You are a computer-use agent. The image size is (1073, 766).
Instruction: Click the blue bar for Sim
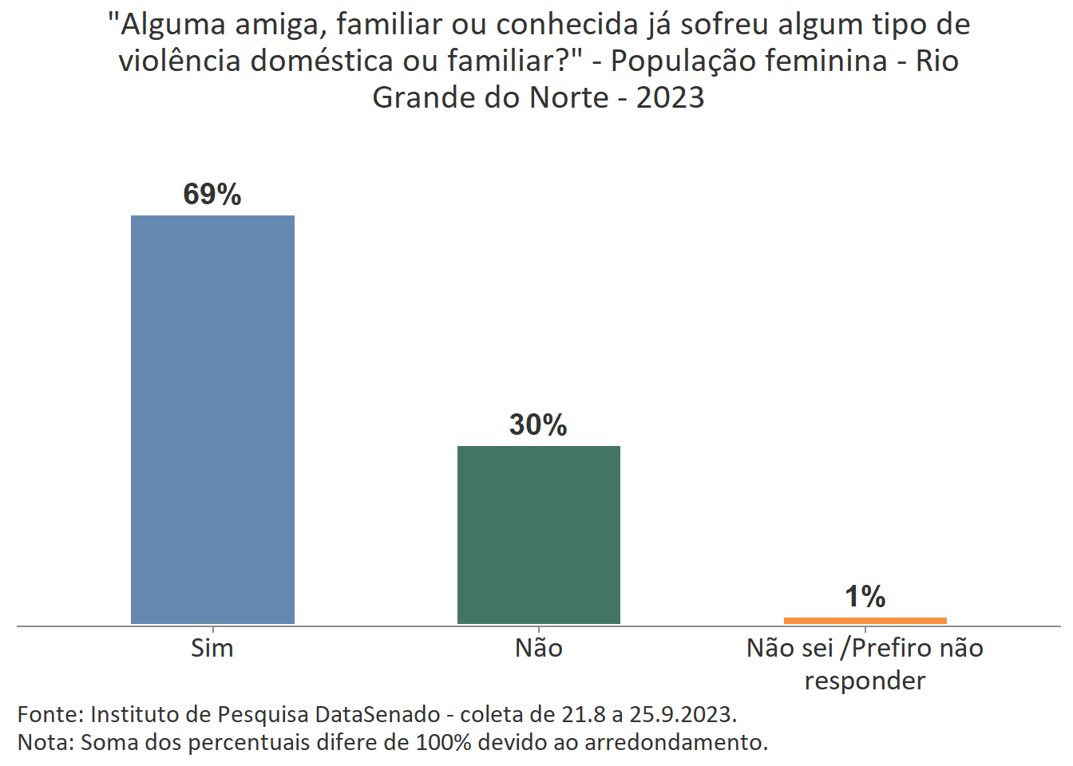[212, 419]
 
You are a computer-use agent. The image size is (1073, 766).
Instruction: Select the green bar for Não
[538, 535]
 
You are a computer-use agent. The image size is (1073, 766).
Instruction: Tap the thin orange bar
[865, 620]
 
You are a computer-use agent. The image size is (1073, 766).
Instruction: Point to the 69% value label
[212, 195]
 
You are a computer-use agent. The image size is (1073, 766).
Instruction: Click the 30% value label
[538, 425]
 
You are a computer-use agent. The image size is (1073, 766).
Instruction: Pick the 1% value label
[865, 597]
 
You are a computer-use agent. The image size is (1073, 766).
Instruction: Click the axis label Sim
[212, 648]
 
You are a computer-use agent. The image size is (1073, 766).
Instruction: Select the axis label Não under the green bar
[538, 648]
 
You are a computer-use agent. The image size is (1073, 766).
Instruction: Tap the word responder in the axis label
[865, 681]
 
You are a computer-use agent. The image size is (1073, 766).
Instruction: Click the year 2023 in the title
[670, 97]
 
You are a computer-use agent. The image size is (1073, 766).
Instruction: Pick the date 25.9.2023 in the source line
[682, 713]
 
